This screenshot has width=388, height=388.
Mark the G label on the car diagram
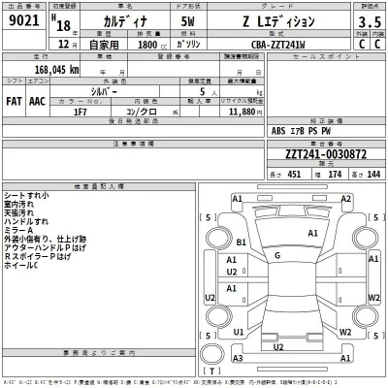(x=277, y=256)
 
